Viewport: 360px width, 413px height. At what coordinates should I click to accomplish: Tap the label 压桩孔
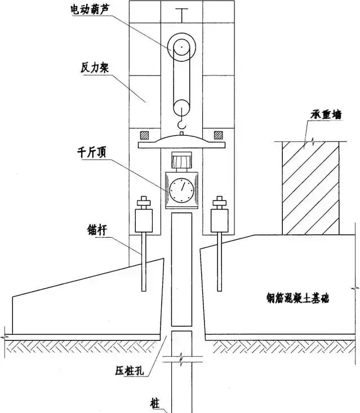(x=130, y=372)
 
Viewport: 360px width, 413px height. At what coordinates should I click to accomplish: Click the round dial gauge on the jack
(x=181, y=191)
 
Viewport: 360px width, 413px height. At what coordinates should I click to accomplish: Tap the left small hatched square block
(x=145, y=135)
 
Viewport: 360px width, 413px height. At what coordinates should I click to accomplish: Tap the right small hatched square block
(x=217, y=135)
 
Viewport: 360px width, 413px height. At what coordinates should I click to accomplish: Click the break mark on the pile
(x=181, y=358)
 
